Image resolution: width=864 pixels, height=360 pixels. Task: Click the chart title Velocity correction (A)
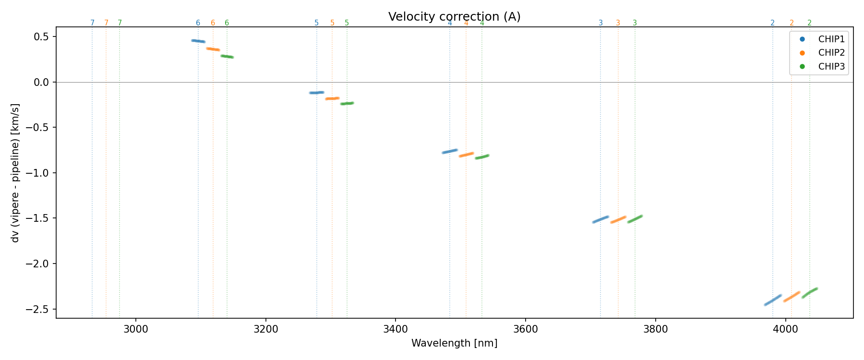(x=454, y=17)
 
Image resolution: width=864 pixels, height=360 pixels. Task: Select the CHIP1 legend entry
(x=831, y=39)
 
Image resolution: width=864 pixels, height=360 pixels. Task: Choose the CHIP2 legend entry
(x=831, y=53)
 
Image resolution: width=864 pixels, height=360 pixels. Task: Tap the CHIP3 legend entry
(x=831, y=67)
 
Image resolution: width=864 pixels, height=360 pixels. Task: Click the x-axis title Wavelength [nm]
(x=454, y=343)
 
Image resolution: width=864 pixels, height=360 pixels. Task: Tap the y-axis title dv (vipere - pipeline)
(x=15, y=173)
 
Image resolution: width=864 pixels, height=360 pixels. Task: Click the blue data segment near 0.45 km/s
(x=198, y=41)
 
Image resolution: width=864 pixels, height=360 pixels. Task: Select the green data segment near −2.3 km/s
(x=810, y=293)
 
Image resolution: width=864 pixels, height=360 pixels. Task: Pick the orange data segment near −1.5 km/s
(x=618, y=219)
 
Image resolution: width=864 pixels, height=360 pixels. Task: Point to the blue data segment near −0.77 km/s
(x=450, y=151)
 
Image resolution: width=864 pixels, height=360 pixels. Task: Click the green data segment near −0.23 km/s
(x=347, y=103)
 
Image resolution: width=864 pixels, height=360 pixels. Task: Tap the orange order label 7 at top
(x=106, y=23)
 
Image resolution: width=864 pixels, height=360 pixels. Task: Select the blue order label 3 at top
(x=600, y=23)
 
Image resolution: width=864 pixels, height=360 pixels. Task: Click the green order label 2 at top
(x=809, y=23)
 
